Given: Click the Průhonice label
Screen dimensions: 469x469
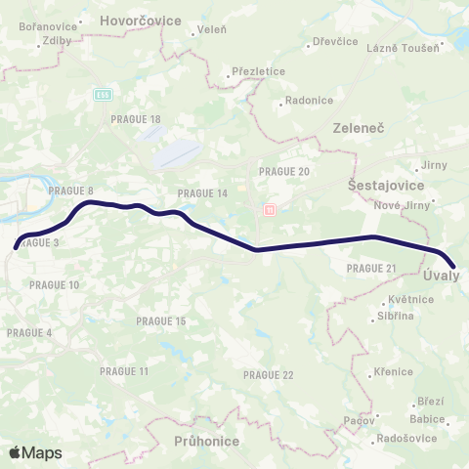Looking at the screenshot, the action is point(206,442).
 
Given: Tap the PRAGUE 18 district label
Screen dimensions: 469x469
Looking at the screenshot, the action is point(137,119).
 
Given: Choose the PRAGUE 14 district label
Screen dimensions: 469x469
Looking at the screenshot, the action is point(203,193).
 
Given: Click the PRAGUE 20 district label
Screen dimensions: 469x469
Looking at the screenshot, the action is point(284,171).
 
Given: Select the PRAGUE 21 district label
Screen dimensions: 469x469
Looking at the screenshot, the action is point(371,269).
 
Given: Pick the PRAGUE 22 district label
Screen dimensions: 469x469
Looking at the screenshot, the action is point(269,375).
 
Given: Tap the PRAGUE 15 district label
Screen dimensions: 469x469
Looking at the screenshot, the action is point(161,320).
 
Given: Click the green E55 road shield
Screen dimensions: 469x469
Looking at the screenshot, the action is point(103,94).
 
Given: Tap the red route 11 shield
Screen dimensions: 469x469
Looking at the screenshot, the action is point(271,209).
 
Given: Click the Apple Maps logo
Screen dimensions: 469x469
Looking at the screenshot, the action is point(35,452).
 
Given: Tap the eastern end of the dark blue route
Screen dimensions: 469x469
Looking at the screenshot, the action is point(454,264).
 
